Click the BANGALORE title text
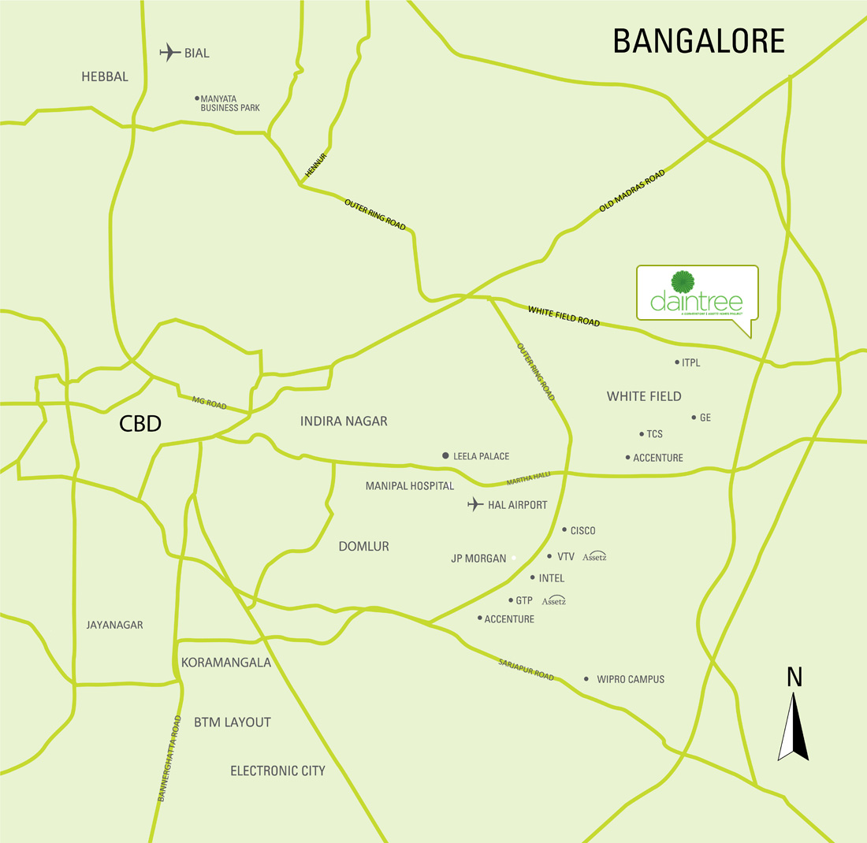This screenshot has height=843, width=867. tap(698, 41)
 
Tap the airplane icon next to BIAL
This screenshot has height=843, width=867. tap(169, 53)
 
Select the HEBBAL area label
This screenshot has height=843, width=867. tap(104, 76)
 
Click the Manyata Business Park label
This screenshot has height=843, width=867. tap(229, 103)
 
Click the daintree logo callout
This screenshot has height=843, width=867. tap(697, 294)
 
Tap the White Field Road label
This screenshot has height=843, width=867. tap(564, 317)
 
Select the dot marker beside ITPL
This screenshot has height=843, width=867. tap(676, 362)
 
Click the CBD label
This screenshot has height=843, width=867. tap(140, 424)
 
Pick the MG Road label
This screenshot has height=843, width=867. tap(209, 403)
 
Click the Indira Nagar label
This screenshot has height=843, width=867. tap(344, 421)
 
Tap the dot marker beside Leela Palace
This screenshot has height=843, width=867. tap(445, 456)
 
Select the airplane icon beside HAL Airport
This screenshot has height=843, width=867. tap(474, 504)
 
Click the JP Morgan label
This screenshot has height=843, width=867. tap(478, 559)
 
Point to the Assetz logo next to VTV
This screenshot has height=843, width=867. tap(594, 556)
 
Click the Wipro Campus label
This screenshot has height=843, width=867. tap(631, 679)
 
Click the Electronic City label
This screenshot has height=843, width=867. tap(277, 771)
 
